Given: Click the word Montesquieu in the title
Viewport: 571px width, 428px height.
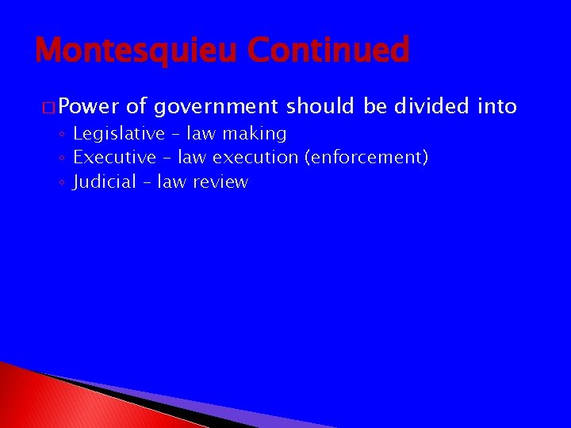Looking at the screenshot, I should [137, 51].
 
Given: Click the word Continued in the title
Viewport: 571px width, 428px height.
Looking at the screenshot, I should [328, 51].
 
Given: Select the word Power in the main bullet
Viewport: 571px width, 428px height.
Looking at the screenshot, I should [88, 106].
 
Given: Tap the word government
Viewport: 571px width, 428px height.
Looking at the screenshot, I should [216, 106].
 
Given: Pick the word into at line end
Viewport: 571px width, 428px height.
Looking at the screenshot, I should [497, 106].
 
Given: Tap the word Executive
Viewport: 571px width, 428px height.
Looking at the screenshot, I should [114, 158].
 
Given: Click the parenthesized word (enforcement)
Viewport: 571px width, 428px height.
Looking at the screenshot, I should [366, 158].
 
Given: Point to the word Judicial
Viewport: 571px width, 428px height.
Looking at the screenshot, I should [103, 182].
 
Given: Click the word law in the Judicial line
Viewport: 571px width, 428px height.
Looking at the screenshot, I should [171, 182].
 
